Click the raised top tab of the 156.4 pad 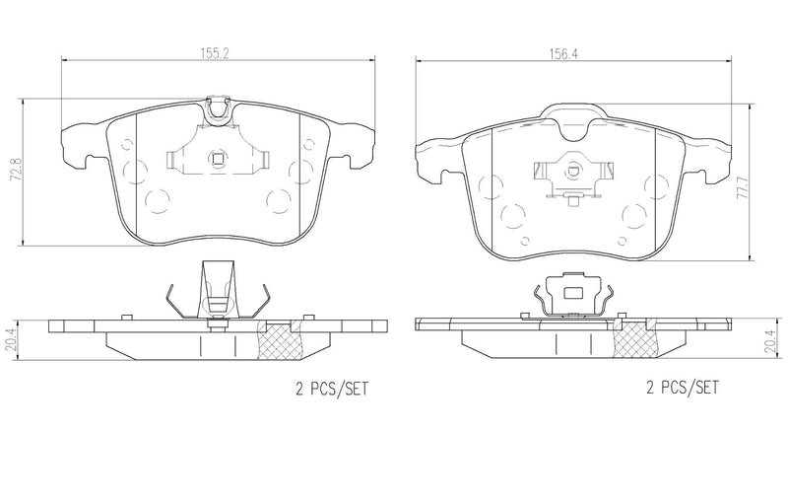(572, 116)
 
